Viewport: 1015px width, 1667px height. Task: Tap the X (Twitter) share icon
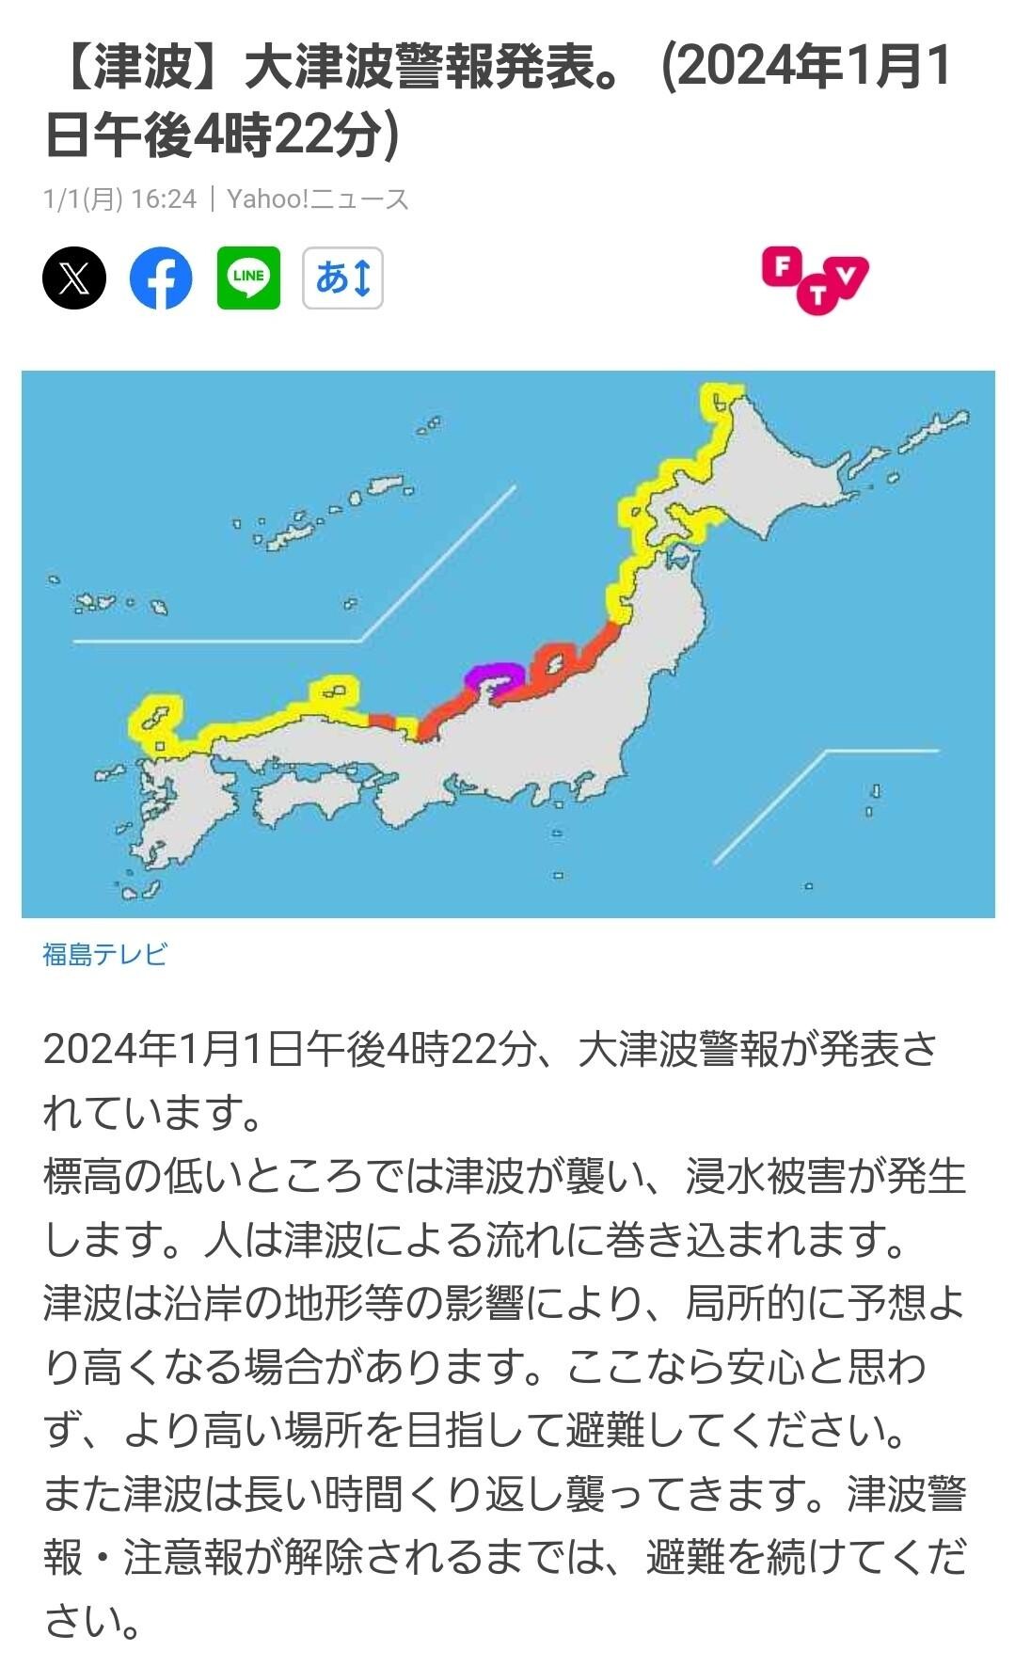tap(74, 278)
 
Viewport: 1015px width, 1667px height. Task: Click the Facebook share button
tap(161, 278)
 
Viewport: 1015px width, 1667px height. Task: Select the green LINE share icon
tap(248, 278)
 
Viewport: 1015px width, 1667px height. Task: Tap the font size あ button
tap(342, 278)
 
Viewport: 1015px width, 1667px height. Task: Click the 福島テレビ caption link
tap(104, 954)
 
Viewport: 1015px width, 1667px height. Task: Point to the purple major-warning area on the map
tap(493, 674)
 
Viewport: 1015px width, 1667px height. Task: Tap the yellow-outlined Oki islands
tap(335, 691)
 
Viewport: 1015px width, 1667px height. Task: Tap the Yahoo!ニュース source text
tap(318, 198)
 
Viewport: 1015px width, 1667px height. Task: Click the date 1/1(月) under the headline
tap(83, 198)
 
